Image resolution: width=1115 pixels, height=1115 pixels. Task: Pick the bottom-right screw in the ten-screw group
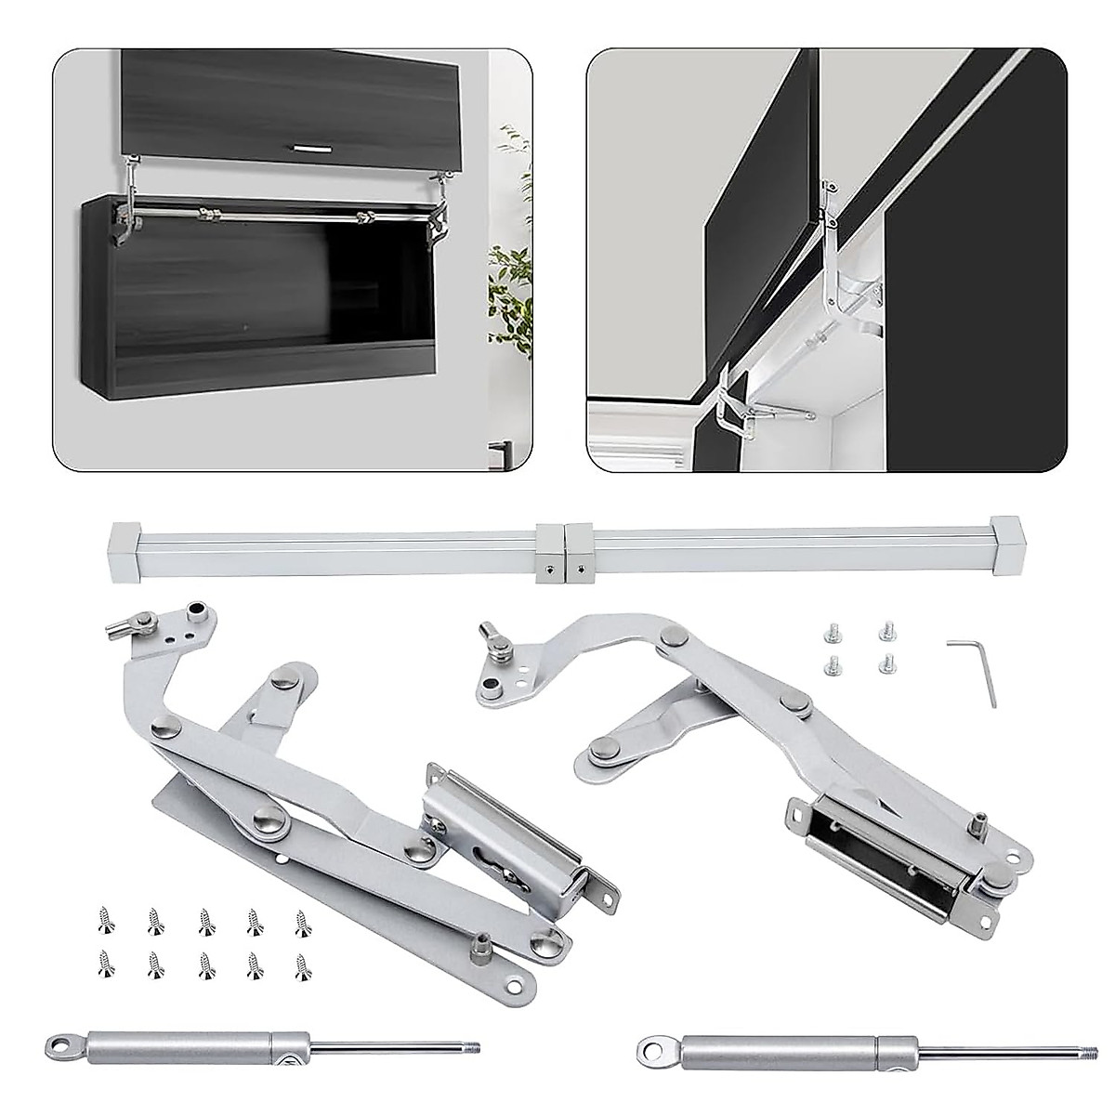[x=303, y=964]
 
